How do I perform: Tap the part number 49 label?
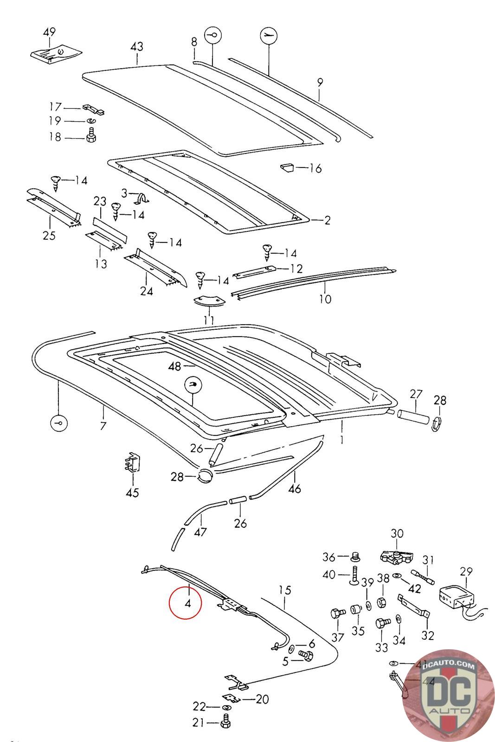[x=49, y=32]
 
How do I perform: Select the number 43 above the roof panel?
[x=137, y=46]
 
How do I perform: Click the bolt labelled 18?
[x=90, y=136]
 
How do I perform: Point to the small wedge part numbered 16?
[x=287, y=167]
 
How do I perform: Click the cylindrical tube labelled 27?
[x=412, y=414]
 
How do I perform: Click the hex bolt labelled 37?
[x=336, y=614]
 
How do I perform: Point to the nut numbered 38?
[x=382, y=602]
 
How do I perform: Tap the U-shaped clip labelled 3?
[x=141, y=198]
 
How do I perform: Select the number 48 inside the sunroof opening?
[x=175, y=366]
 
